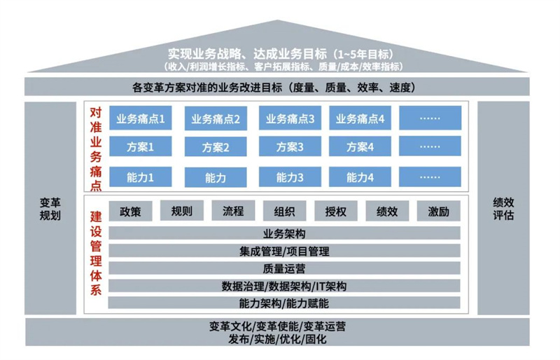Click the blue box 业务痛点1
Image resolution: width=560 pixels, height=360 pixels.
click(141, 118)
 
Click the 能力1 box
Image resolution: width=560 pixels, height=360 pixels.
click(141, 178)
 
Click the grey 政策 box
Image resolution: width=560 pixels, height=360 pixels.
click(130, 211)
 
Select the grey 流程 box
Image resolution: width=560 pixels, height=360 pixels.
click(233, 211)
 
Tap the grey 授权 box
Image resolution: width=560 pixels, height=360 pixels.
click(336, 211)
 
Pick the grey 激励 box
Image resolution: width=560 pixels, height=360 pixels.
click(438, 211)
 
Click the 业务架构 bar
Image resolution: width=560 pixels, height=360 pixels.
click(284, 234)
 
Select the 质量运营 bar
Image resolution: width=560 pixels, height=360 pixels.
click(284, 268)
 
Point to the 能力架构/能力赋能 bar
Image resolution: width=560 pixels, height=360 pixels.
click(284, 303)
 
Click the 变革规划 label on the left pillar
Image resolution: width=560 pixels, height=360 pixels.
click(50, 208)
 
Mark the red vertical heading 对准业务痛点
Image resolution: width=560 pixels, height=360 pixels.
click(96, 147)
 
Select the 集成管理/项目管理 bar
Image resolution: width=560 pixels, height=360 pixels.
click(284, 251)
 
